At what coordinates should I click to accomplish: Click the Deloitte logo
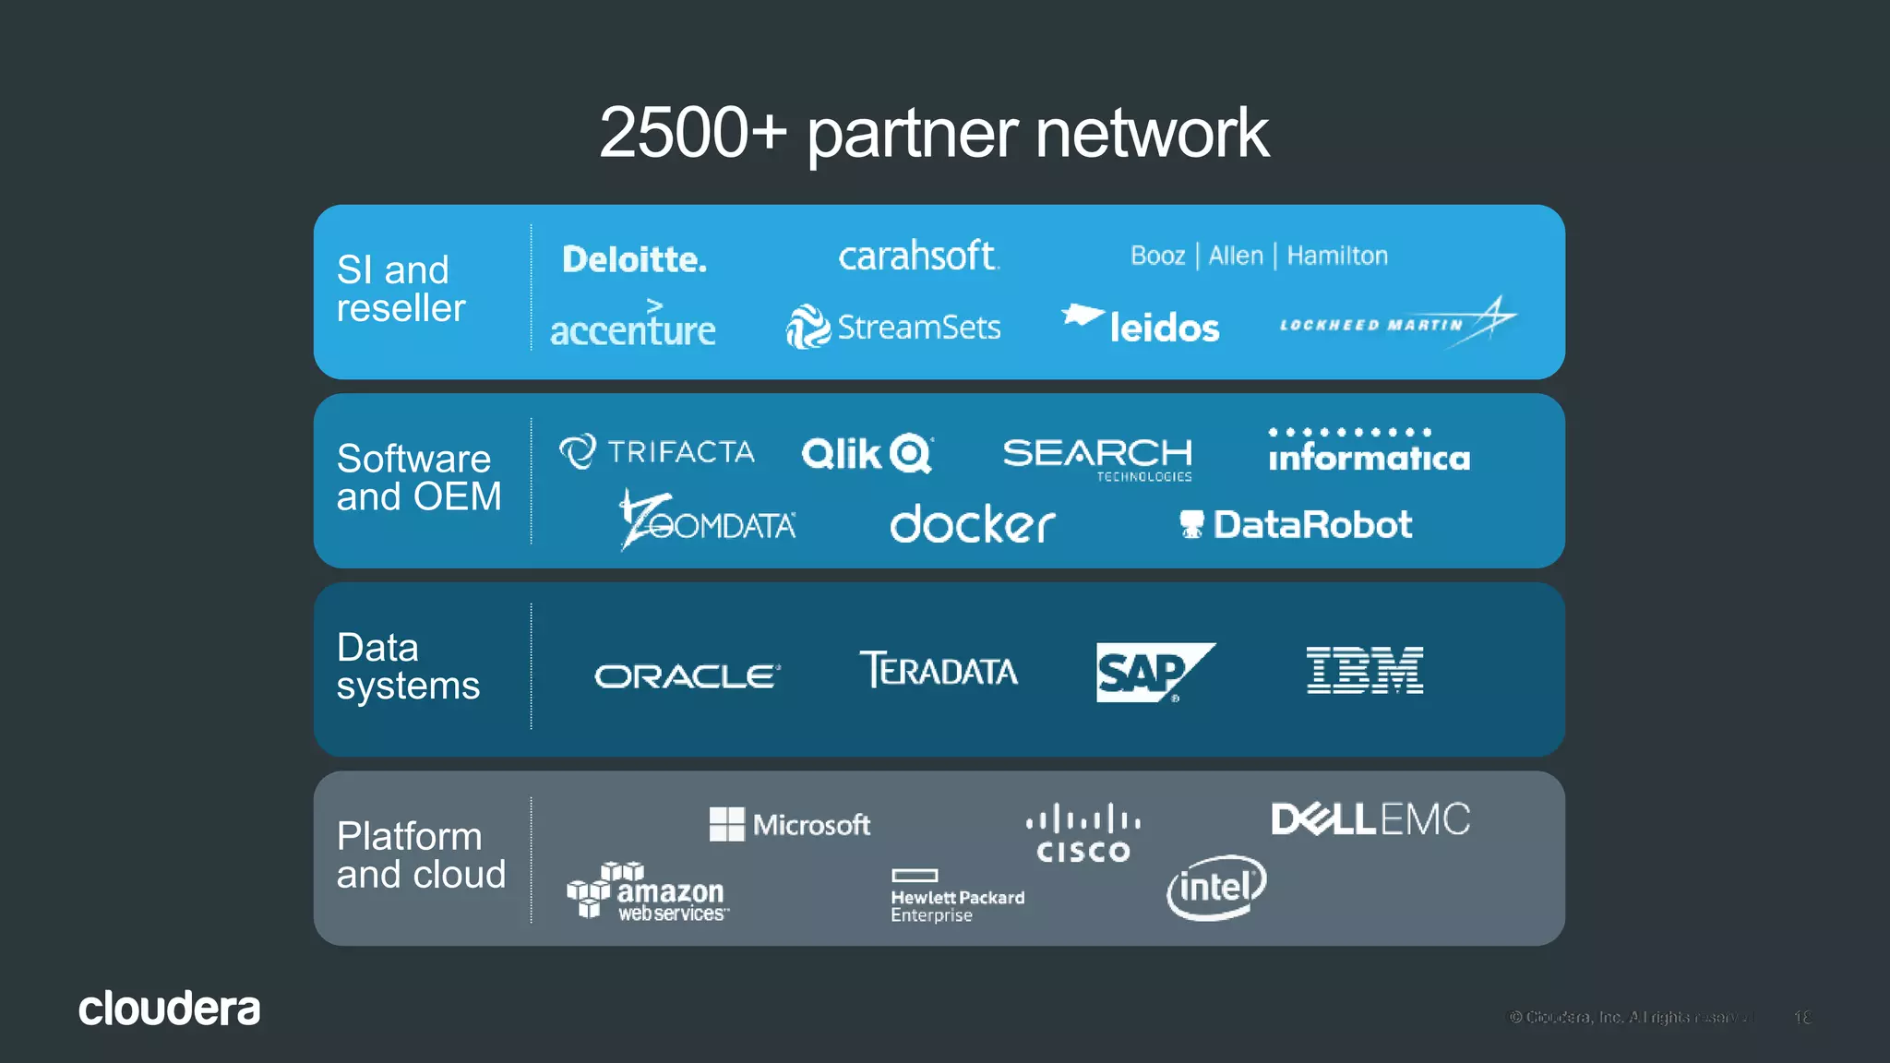tap(634, 259)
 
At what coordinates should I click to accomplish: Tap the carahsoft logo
tap(918, 256)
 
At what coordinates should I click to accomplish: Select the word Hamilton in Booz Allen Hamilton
tap(1337, 256)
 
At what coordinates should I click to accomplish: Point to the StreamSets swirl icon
tap(807, 327)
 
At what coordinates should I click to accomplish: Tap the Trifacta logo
tap(656, 451)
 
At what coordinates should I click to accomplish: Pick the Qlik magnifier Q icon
tap(912, 453)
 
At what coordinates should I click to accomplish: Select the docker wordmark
tap(972, 524)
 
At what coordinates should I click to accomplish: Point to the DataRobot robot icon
tap(1191, 524)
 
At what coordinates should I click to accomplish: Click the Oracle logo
tap(687, 676)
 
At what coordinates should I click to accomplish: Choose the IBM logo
tap(1365, 670)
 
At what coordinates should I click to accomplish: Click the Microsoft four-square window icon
tap(726, 824)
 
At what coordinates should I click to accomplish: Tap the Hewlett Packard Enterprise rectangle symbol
tap(915, 875)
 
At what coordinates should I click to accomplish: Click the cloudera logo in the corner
tap(169, 1009)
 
